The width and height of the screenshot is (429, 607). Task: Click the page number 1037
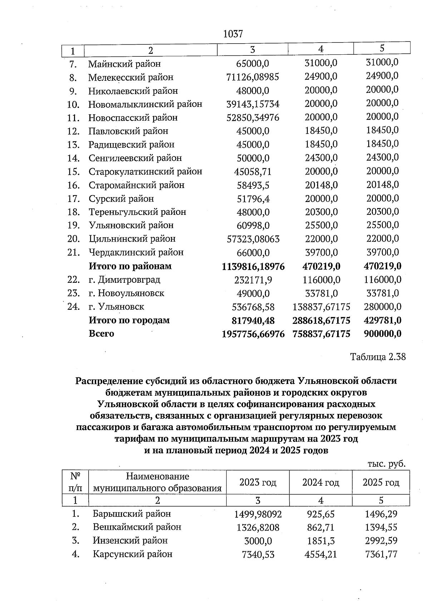click(x=233, y=34)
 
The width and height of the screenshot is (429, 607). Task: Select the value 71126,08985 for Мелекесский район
click(x=252, y=77)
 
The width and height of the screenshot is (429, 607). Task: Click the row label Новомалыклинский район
click(x=145, y=104)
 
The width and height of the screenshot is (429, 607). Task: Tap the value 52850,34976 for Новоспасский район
click(x=253, y=118)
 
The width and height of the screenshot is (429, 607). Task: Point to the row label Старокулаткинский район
click(x=145, y=172)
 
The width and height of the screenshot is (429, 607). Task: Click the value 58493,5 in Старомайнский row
click(x=253, y=185)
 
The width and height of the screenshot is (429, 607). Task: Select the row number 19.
click(x=73, y=226)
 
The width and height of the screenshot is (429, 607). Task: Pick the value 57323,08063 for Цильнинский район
click(x=253, y=239)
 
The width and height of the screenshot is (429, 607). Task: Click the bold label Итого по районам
click(x=130, y=266)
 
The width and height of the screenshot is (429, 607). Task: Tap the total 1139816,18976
click(x=253, y=267)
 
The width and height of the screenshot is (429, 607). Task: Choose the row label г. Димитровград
click(x=124, y=280)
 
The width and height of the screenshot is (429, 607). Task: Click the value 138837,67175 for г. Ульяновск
click(x=321, y=307)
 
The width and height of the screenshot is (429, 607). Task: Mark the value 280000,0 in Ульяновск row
click(x=383, y=307)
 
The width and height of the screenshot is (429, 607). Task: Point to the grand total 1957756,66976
click(x=253, y=334)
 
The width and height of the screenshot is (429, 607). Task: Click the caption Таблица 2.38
click(x=378, y=357)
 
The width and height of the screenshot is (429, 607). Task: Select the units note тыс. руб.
click(x=386, y=464)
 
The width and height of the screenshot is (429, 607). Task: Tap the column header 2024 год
click(x=321, y=483)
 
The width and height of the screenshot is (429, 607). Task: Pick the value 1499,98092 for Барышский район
click(x=258, y=514)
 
